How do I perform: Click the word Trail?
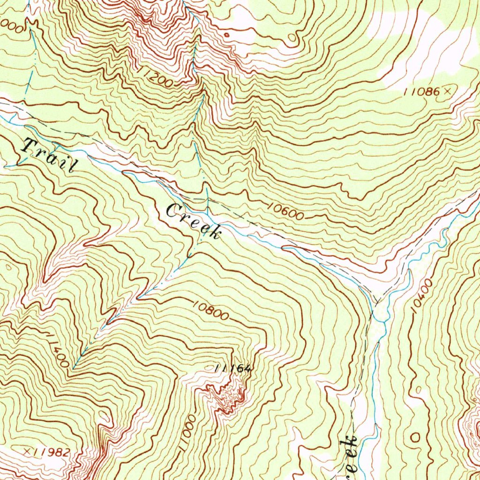pyautogui.click(x=49, y=155)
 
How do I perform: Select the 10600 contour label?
pyautogui.click(x=287, y=211)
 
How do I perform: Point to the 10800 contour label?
pyautogui.click(x=210, y=310)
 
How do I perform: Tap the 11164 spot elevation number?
pyautogui.click(x=233, y=369)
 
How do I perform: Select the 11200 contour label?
pyautogui.click(x=156, y=77)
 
